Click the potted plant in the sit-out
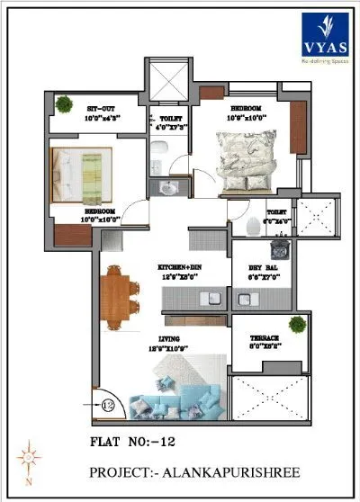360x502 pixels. pyautogui.click(x=63, y=104)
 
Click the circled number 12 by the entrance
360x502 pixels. pyautogui.click(x=107, y=405)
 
